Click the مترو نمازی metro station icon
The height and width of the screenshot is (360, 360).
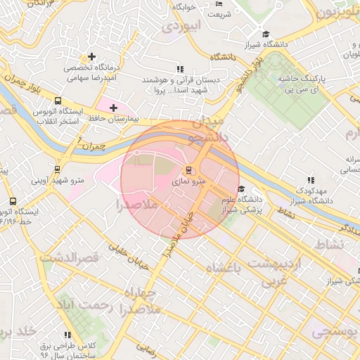point(188,170)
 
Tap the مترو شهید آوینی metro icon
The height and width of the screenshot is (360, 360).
point(57,169)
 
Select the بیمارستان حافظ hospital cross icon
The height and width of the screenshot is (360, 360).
point(113,108)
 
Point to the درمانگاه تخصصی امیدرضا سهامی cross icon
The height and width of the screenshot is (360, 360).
point(91,56)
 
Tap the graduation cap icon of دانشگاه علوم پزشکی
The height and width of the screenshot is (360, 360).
point(241,189)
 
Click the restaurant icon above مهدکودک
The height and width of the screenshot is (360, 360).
point(311,180)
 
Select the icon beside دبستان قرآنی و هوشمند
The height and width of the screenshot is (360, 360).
point(180,69)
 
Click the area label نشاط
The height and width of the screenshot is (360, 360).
point(330,243)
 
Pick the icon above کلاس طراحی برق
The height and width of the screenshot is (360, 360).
point(67,335)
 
